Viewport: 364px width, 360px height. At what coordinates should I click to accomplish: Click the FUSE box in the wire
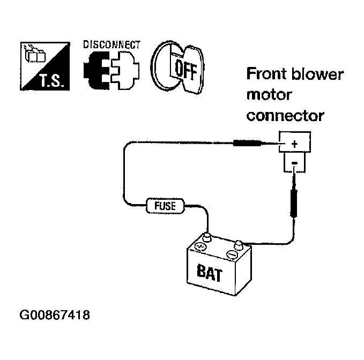pos(165,206)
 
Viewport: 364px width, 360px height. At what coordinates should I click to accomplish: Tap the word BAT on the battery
pos(210,273)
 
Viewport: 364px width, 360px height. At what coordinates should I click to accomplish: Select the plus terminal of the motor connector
pos(295,144)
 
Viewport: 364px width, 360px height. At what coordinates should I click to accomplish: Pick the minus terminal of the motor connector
pos(295,163)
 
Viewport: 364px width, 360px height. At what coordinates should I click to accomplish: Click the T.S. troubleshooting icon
pos(45,66)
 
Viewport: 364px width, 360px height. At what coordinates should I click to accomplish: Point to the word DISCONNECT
pos(112,45)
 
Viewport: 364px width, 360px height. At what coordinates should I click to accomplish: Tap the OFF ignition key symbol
pos(178,67)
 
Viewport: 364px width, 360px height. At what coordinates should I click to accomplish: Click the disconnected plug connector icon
pos(112,70)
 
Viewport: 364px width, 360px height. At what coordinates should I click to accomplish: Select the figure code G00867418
pos(55,315)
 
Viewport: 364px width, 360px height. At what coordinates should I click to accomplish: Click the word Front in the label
pos(266,74)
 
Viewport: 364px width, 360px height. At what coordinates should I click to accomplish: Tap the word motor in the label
pos(269,95)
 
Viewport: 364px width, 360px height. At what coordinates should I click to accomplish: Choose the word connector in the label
pos(285,116)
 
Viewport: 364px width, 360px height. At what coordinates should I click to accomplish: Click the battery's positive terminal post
pos(206,237)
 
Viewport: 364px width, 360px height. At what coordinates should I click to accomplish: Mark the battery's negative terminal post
pos(239,244)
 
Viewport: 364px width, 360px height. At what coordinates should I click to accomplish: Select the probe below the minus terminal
pos(294,194)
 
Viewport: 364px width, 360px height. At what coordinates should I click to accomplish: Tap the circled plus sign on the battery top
pos(200,246)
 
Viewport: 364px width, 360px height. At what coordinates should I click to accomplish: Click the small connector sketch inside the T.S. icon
pos(35,55)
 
